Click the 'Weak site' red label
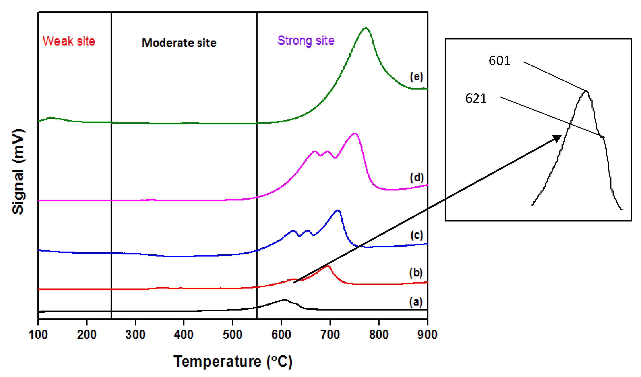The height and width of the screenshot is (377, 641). click(69, 41)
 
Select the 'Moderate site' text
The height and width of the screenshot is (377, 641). click(179, 43)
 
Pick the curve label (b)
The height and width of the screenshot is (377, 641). click(416, 273)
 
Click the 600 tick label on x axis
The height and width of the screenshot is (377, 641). click(281, 335)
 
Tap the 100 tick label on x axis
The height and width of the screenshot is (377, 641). click(38, 335)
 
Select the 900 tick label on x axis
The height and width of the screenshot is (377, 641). click(427, 335)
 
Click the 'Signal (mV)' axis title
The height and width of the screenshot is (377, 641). click(18, 172)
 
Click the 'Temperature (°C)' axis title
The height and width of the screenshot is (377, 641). click(233, 361)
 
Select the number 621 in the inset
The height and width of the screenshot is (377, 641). click(476, 98)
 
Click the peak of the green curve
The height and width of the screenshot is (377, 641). click(366, 28)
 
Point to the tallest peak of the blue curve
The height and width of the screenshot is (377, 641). click(338, 210)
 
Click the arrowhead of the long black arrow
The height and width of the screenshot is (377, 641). click(558, 138)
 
